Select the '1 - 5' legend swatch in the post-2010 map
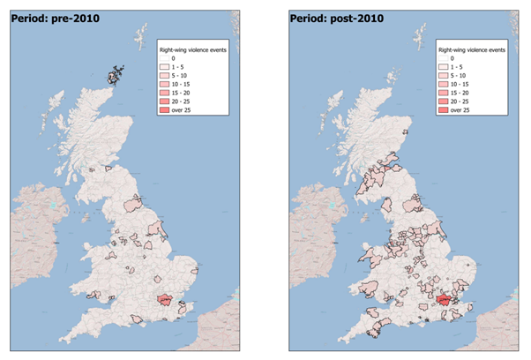(444, 67)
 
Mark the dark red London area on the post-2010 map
(443, 302)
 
